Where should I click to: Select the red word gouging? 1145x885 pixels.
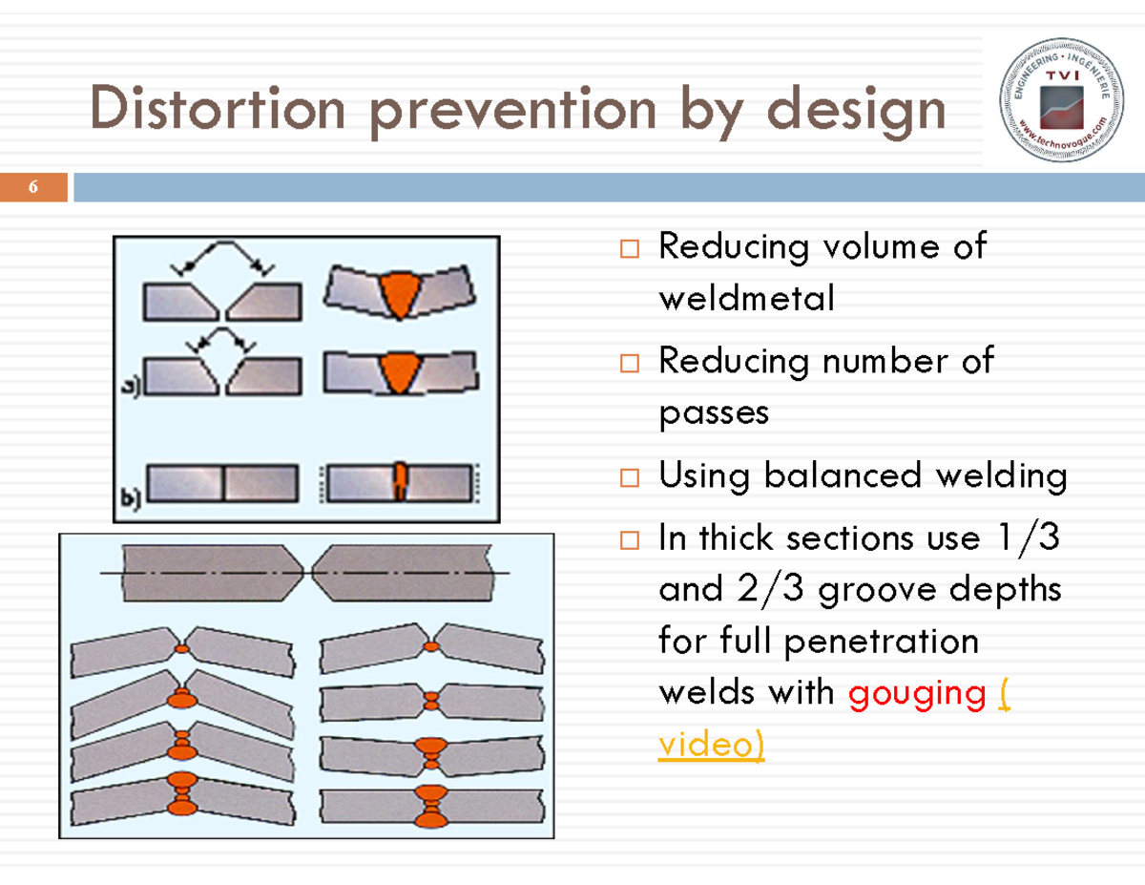pos(917,692)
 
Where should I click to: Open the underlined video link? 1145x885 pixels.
pos(712,744)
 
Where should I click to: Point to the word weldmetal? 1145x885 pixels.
pos(746,299)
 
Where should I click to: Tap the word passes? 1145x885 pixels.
pos(713,412)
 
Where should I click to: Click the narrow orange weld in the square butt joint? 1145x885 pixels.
pos(400,480)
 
